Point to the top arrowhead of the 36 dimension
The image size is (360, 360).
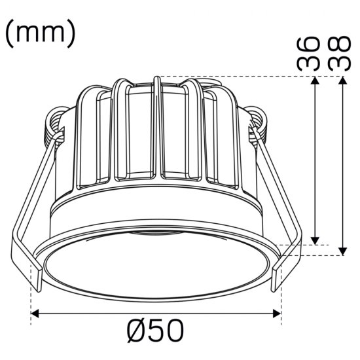pyautogui.click(x=317, y=80)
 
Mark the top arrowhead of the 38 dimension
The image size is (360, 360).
pyautogui.click(x=342, y=80)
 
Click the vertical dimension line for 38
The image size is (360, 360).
pyautogui.click(x=342, y=164)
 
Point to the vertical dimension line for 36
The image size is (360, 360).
pyautogui.click(x=317, y=160)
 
